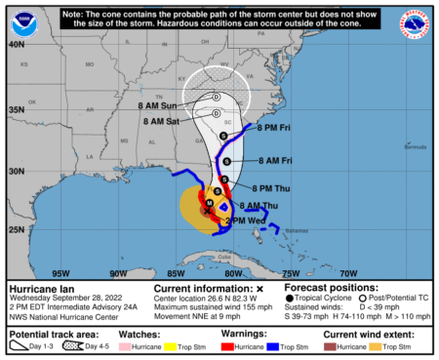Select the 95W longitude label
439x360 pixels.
pos(61,273)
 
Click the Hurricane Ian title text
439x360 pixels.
pos(41,290)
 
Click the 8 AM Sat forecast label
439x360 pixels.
pos(161,121)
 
